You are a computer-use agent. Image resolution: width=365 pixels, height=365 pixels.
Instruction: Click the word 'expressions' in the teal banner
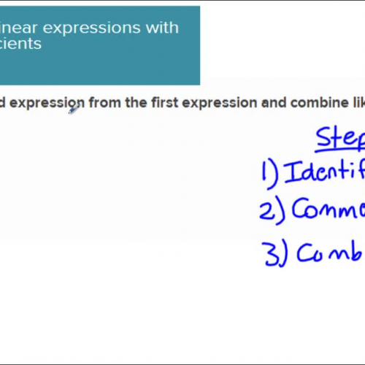tap(85, 28)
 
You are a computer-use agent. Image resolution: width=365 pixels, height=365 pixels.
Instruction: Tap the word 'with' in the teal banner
tap(161, 28)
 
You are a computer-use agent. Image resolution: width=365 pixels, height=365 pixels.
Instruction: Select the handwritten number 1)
tap(268, 173)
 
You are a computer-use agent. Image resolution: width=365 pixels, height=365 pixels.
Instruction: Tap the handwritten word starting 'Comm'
tap(328, 210)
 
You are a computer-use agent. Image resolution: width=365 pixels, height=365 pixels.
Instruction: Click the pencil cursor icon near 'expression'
tap(74, 109)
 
